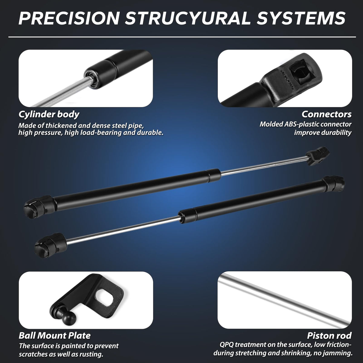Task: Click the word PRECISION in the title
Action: coord(69,18)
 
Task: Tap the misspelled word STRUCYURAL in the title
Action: coord(187,18)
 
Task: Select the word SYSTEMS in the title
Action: coord(301,18)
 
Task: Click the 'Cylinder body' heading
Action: coord(49,114)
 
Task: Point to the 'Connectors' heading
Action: coord(326,114)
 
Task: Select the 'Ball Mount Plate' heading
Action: coord(55,336)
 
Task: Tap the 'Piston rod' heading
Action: coord(329,335)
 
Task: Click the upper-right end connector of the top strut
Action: coord(318,156)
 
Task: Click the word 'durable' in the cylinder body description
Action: coord(149,132)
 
